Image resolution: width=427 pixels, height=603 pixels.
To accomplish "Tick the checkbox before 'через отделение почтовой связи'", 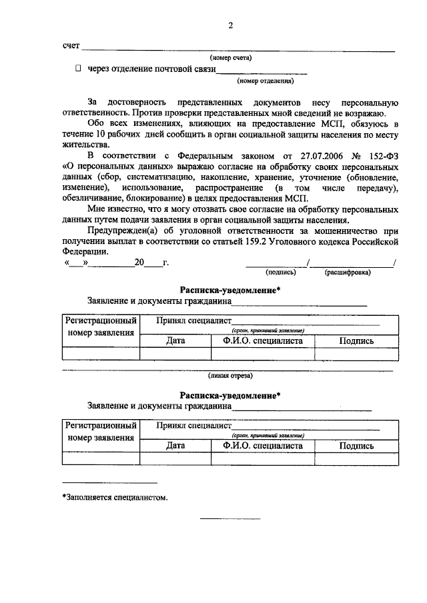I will (x=78, y=69).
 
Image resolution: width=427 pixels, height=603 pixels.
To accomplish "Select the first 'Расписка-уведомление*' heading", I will (x=230, y=290).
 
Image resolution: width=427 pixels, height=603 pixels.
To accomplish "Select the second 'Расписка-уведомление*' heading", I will (x=230, y=394).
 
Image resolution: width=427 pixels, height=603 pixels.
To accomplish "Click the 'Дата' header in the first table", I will (x=175, y=340).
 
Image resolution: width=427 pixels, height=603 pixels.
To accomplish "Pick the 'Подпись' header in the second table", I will (x=356, y=446).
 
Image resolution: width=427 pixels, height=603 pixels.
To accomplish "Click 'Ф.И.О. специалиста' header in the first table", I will (x=263, y=340).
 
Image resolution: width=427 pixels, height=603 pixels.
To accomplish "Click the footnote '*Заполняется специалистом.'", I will (x=114, y=497).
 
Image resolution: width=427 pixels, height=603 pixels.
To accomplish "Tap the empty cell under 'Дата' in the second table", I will (x=175, y=458).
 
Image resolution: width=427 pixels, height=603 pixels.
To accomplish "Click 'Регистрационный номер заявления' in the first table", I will (x=101, y=326).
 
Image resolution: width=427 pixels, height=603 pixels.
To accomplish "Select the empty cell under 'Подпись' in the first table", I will (x=356, y=354).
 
